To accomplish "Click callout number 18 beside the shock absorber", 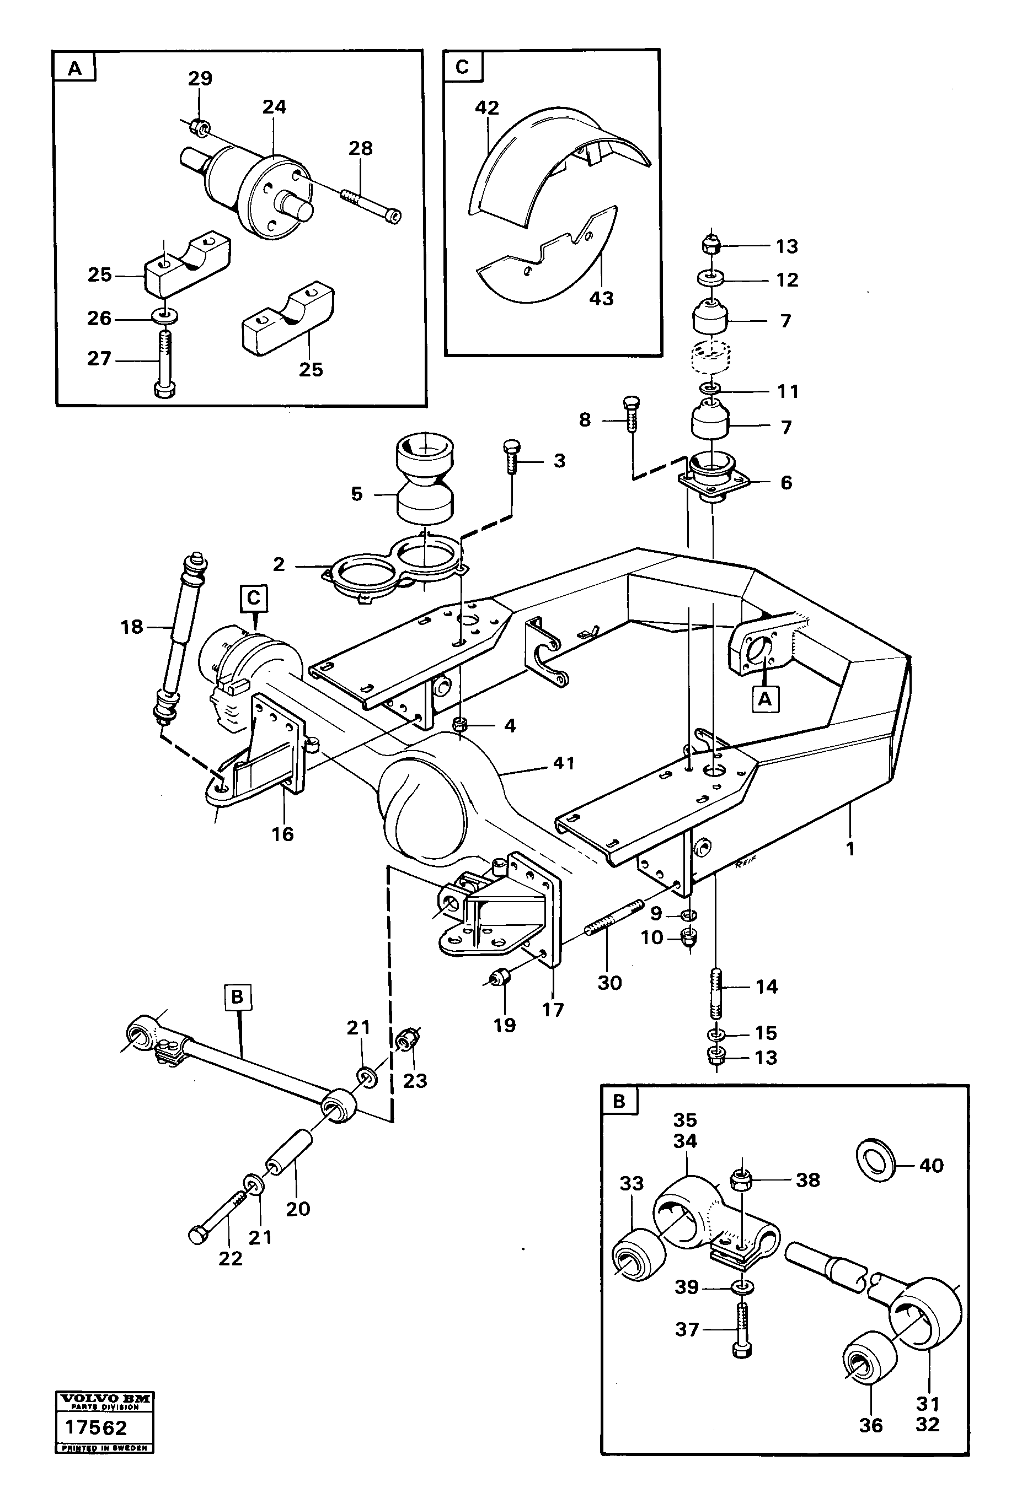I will coord(132,627).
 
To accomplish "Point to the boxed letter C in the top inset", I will coord(462,67).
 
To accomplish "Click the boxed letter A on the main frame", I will coord(766,699).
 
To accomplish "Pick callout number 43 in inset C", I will coord(601,299).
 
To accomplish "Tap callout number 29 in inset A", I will coord(200,79).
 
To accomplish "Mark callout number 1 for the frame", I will coord(850,848).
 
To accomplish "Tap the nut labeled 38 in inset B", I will coord(741,1181).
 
